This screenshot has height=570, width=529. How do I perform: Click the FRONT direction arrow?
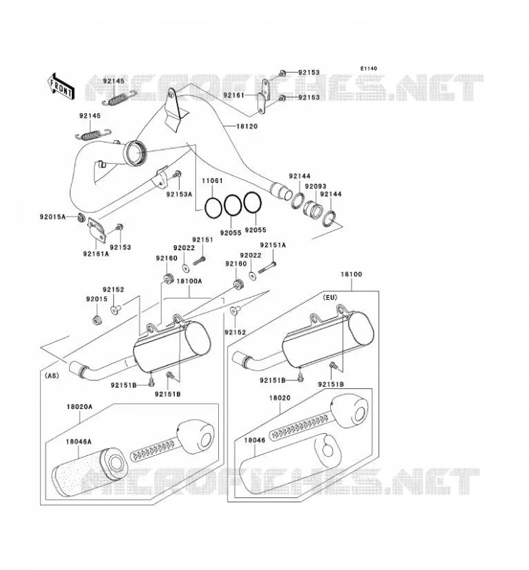[61, 86]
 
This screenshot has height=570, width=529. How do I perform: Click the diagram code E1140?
[369, 68]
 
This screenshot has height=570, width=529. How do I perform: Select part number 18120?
[247, 127]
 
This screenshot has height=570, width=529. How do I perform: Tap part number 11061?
[212, 181]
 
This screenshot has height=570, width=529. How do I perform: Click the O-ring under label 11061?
[213, 208]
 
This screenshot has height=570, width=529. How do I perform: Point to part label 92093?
[315, 187]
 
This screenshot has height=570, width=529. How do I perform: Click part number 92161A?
[96, 254]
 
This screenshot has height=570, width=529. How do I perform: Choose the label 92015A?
[52, 217]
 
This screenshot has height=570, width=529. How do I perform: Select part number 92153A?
[179, 195]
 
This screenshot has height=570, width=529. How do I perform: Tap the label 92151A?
[273, 245]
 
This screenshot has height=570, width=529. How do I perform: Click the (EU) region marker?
[330, 297]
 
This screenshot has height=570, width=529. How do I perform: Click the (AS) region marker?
[51, 376]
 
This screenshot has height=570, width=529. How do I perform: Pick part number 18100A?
[189, 281]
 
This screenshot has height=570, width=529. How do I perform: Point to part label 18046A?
[78, 442]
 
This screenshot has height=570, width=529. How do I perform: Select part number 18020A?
[79, 407]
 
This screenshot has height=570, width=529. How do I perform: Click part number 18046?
[255, 440]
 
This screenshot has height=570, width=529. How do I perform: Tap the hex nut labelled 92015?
[96, 321]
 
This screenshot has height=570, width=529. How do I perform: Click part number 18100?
[351, 274]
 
